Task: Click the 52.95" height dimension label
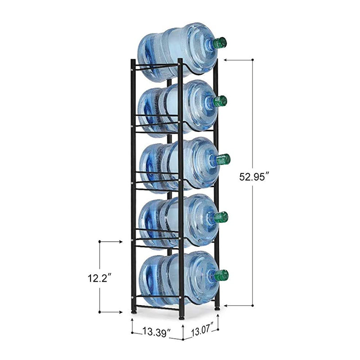253,177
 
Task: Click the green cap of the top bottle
220,43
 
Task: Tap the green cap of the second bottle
220,101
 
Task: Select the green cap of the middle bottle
223,159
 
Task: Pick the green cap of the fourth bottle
221,217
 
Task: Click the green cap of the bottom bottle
221,275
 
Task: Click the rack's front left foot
133,311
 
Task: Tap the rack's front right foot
181,316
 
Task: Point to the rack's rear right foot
217,308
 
